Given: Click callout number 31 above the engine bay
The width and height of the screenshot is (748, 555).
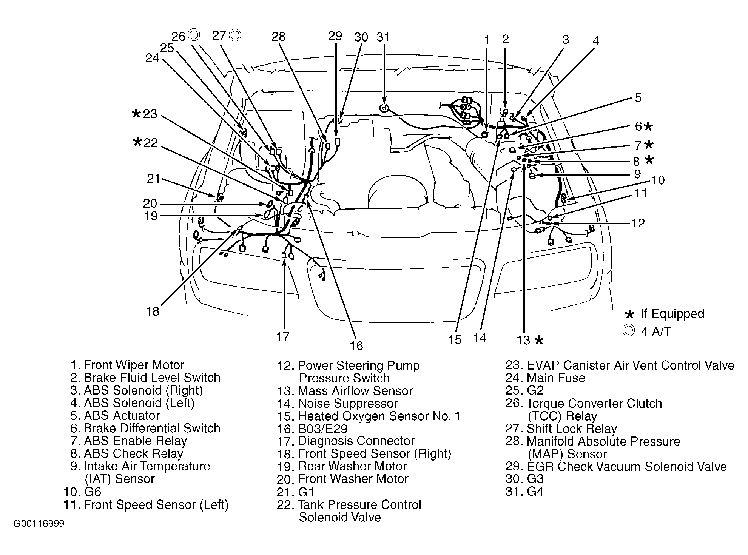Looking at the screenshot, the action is pyautogui.click(x=383, y=37).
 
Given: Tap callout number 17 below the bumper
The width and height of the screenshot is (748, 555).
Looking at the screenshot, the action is pyautogui.click(x=282, y=336).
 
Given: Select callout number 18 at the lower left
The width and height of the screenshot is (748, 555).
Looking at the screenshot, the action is pyautogui.click(x=153, y=311).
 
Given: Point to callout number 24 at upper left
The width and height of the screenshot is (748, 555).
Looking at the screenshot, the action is pyautogui.click(x=152, y=59).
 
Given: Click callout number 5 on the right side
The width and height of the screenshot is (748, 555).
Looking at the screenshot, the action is pyautogui.click(x=638, y=98).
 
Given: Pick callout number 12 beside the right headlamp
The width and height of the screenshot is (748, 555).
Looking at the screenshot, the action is pyautogui.click(x=638, y=223).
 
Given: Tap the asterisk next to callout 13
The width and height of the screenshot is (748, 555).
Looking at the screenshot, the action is pyautogui.click(x=539, y=340).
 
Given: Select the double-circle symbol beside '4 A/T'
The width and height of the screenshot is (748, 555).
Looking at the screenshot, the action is pyautogui.click(x=628, y=331).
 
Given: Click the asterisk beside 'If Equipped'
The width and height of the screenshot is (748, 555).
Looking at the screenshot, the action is pyautogui.click(x=629, y=314).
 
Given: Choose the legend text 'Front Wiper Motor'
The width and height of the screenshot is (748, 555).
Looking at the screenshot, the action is pyautogui.click(x=134, y=365).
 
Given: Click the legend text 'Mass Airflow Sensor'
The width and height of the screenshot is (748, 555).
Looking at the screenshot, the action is pyautogui.click(x=355, y=391).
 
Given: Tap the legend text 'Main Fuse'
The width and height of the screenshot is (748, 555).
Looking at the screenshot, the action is pyautogui.click(x=556, y=378).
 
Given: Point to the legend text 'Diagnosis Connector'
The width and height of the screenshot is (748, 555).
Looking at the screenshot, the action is pyautogui.click(x=356, y=441).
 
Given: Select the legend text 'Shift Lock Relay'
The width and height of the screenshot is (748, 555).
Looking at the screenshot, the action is pyautogui.click(x=572, y=429).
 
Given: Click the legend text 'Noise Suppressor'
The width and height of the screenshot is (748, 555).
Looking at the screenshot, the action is pyautogui.click(x=348, y=404).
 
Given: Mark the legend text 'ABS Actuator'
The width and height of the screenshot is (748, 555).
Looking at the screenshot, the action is pyautogui.click(x=122, y=416).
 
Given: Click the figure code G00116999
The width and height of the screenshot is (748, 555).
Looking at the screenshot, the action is pyautogui.click(x=39, y=524).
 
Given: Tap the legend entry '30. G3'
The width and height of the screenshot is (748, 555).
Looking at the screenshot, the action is pyautogui.click(x=524, y=479).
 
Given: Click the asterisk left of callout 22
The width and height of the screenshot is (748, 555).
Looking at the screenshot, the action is pyautogui.click(x=137, y=142).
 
